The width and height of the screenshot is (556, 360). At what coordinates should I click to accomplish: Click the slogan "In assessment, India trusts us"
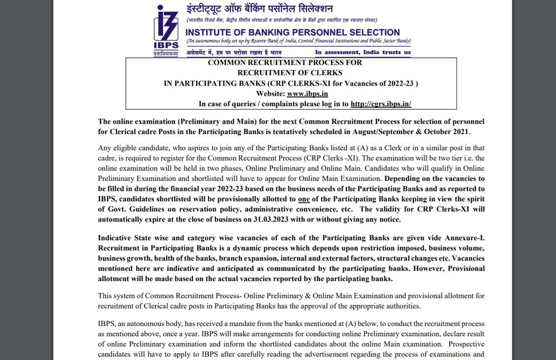click(x=363, y=52)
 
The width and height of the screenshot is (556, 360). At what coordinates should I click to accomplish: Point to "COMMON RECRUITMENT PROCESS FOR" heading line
click(x=285, y=63)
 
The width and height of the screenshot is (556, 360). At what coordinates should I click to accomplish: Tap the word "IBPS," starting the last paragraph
click(x=108, y=323)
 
